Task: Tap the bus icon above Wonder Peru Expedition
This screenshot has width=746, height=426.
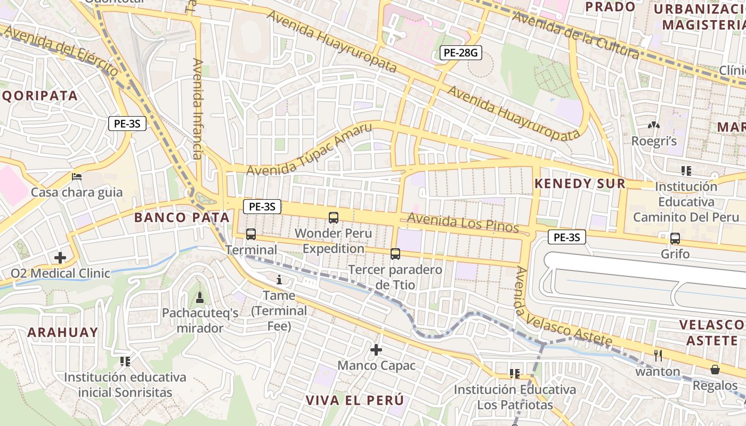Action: click(x=334, y=217)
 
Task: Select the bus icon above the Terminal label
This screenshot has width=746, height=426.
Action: click(x=250, y=234)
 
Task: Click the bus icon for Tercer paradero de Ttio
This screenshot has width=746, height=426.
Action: click(x=395, y=254)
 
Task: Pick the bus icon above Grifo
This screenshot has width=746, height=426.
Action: click(x=675, y=239)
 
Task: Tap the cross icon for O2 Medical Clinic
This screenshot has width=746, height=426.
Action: click(x=60, y=258)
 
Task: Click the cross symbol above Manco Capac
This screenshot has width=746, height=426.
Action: click(x=376, y=350)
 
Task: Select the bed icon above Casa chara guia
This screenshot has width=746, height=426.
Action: click(x=77, y=177)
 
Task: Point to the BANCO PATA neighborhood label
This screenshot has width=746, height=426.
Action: click(x=182, y=217)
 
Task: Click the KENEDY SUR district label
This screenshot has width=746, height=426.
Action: click(x=580, y=184)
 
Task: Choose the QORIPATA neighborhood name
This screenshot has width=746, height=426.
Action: click(x=40, y=96)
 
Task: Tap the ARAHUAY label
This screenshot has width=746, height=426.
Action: click(x=63, y=332)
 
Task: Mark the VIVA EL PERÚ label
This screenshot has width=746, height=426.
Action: click(x=354, y=400)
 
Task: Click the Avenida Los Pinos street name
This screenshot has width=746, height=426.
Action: click(x=463, y=223)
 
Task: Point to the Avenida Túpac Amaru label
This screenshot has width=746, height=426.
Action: click(x=310, y=151)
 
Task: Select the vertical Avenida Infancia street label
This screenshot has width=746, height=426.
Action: click(x=198, y=109)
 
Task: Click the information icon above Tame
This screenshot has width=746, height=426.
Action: click(x=279, y=280)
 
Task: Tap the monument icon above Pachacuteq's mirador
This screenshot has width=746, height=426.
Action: click(x=200, y=297)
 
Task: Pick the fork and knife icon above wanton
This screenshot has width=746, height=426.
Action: click(x=658, y=355)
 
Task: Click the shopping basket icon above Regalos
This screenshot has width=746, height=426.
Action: click(x=715, y=369)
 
